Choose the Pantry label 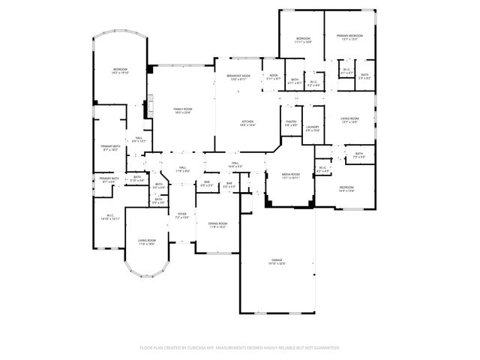(x=291, y=123)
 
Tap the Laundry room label (x=313, y=129)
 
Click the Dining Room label (x=217, y=224)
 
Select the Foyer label (x=181, y=215)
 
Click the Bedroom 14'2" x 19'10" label (x=120, y=71)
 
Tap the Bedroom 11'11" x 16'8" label (x=303, y=40)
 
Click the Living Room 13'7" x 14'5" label (x=350, y=120)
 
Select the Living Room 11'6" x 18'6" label (x=146, y=242)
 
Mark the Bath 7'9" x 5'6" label (x=359, y=155)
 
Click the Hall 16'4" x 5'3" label (x=235, y=165)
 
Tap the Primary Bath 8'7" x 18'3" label (x=110, y=148)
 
